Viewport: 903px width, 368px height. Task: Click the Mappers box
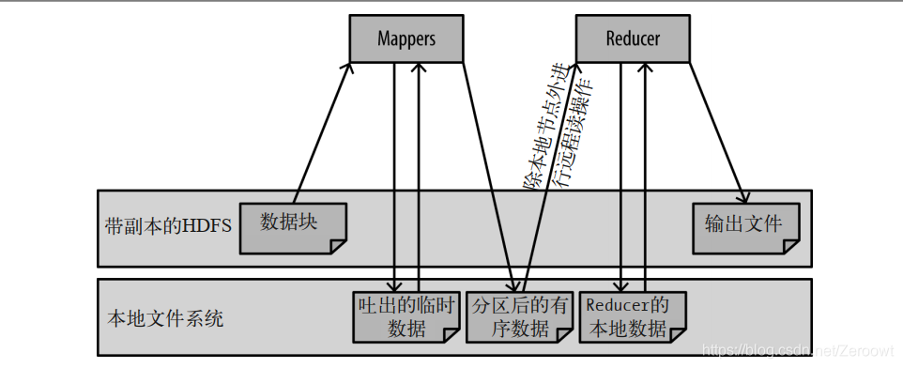[406, 39]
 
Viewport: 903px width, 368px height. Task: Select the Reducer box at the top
[632, 39]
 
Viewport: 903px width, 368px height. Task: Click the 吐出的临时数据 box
[406, 316]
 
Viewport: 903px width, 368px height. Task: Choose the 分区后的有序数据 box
[519, 316]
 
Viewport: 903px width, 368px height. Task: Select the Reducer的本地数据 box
[632, 316]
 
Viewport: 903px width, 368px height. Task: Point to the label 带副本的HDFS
[167, 226]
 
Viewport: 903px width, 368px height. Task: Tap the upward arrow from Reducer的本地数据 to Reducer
[644, 178]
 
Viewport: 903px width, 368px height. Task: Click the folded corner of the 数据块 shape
[337, 246]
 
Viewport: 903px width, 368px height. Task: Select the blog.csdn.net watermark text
[798, 349]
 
